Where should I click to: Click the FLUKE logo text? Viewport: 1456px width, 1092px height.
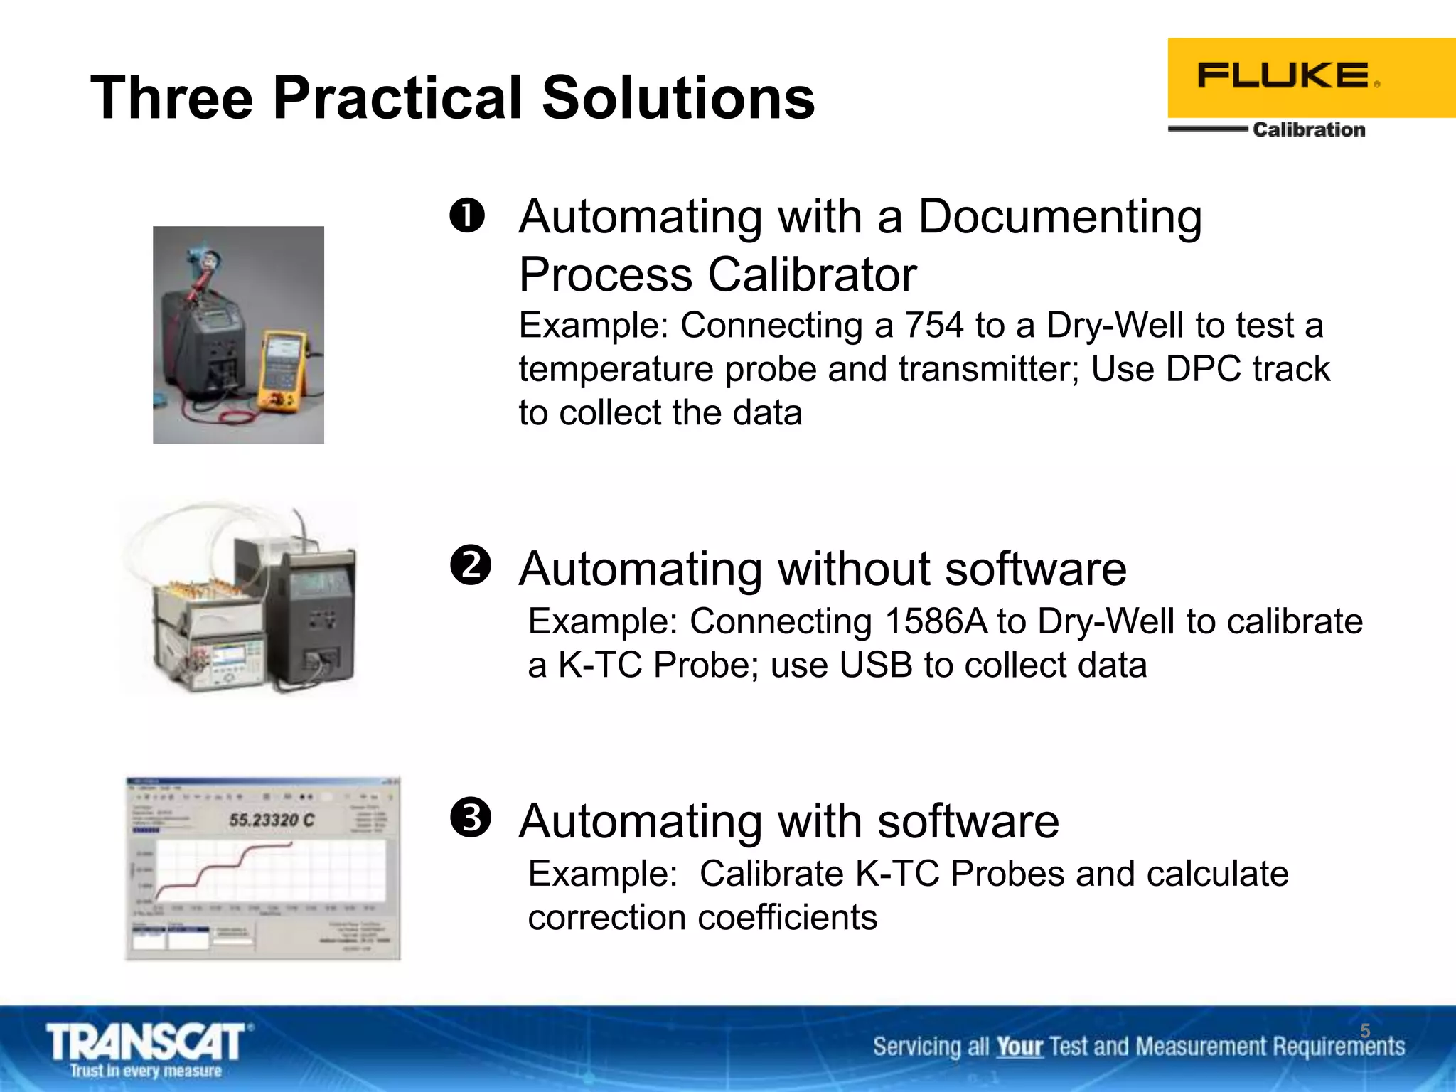coord(1284,75)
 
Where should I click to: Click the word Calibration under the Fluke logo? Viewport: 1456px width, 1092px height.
coord(1308,129)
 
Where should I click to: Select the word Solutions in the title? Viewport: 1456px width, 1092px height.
coord(678,98)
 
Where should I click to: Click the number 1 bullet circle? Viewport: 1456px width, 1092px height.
coord(467,215)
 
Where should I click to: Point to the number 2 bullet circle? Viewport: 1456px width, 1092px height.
coord(470,566)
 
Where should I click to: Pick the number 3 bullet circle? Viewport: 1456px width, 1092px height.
coord(470,818)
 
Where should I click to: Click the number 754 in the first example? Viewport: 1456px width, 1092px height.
coord(933,326)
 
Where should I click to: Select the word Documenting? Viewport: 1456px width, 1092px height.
coord(1059,217)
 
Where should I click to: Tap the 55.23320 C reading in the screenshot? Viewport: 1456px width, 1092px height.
coord(271,820)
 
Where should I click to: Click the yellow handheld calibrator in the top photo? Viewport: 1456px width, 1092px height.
coord(282,370)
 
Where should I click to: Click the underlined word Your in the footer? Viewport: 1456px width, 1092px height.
coord(1019,1047)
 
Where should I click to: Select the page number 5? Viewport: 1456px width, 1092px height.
coord(1364,1031)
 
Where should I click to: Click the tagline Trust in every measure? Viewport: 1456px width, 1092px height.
coord(146,1071)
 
